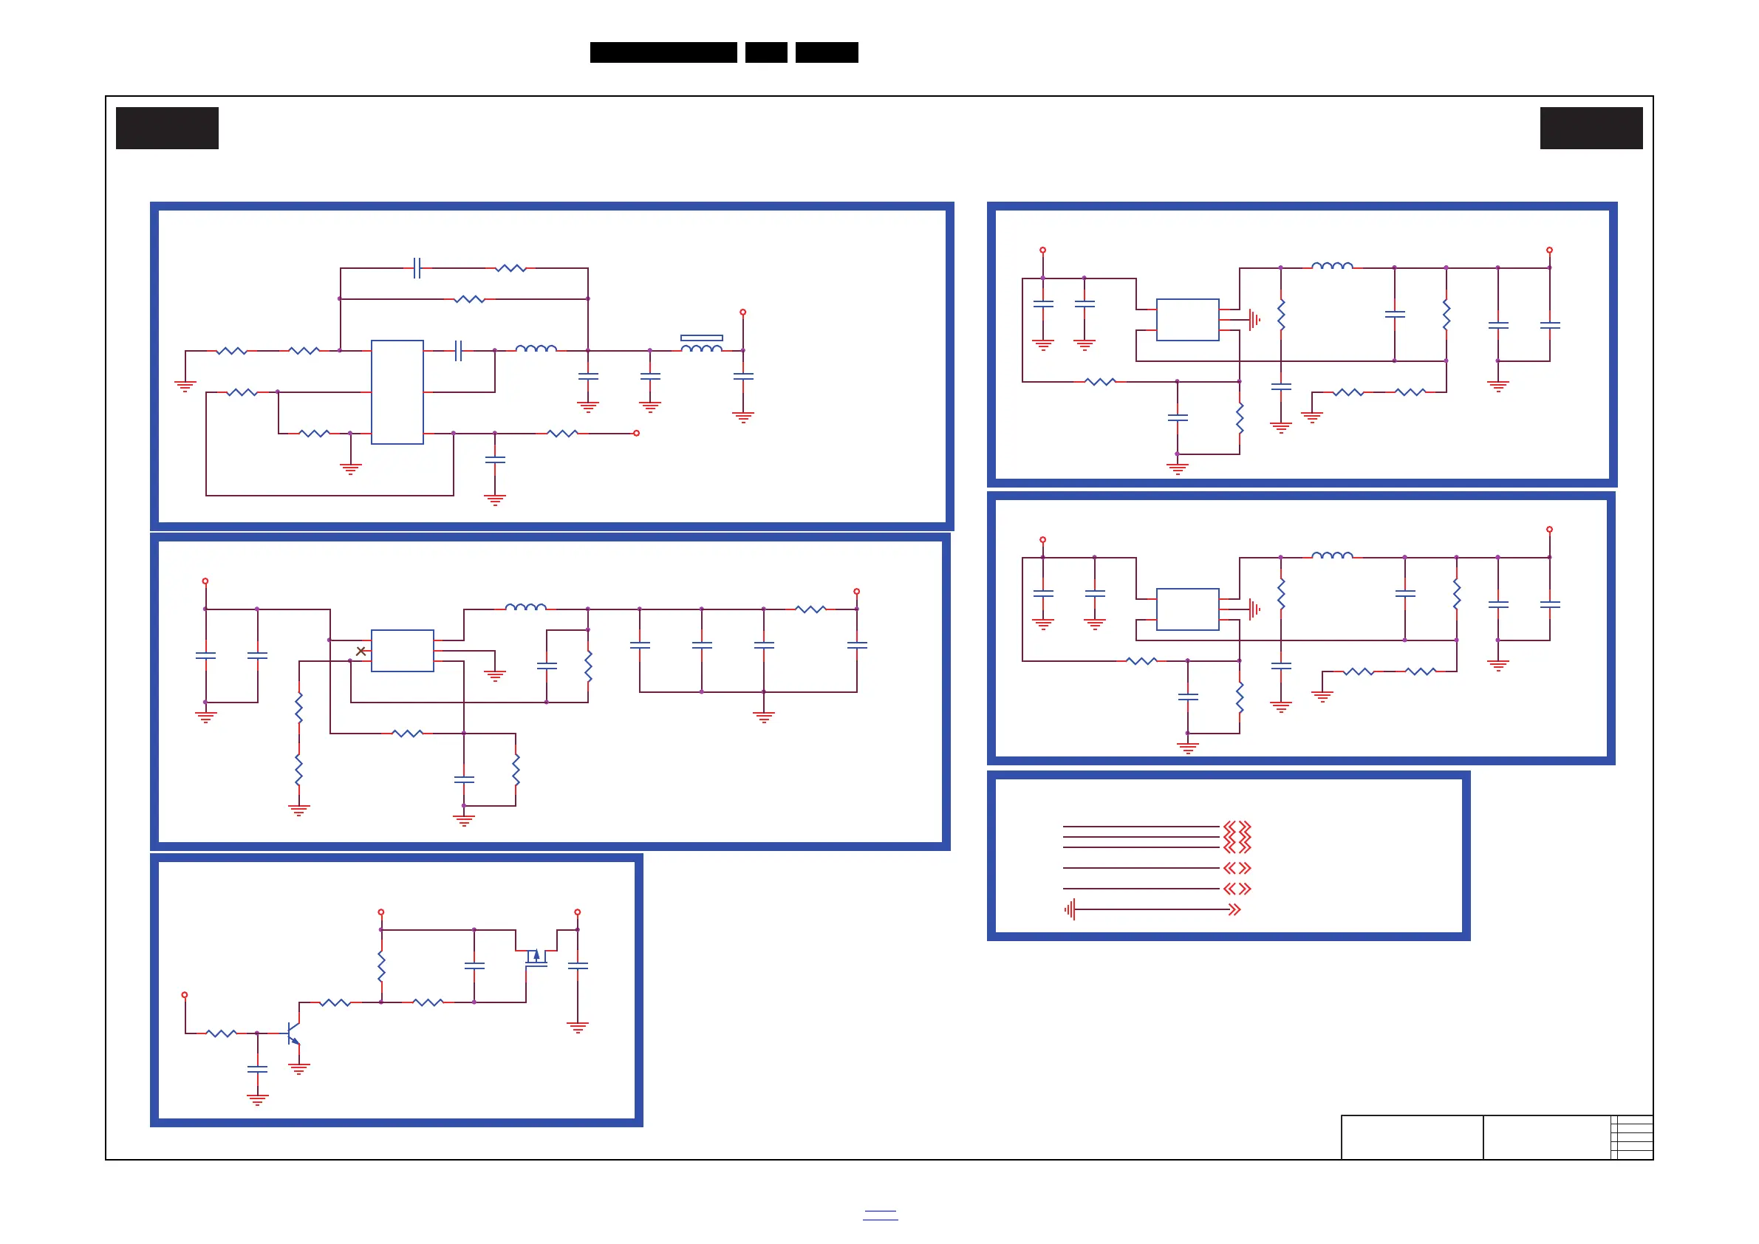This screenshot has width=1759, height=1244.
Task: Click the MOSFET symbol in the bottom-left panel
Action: (x=536, y=957)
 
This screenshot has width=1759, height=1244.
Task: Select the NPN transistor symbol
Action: (x=293, y=1033)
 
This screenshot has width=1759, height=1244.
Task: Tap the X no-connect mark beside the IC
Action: (x=361, y=651)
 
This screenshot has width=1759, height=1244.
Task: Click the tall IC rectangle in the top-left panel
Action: (x=397, y=392)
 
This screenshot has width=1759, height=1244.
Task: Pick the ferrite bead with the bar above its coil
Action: (x=701, y=344)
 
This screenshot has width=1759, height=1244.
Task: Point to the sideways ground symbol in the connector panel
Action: (x=1070, y=909)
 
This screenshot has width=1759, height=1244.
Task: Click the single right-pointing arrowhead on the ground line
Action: (x=1234, y=909)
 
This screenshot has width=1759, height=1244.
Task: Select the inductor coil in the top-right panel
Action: (x=1332, y=266)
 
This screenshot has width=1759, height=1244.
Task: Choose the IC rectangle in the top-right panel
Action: (x=1187, y=319)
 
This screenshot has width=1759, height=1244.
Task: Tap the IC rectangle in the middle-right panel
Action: (x=1187, y=609)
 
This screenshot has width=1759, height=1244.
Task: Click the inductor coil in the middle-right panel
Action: (x=1332, y=556)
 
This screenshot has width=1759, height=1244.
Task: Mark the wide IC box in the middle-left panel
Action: (x=402, y=650)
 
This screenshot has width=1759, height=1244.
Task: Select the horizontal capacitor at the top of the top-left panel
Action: (x=417, y=268)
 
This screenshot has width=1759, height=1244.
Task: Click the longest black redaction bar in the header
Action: (x=663, y=52)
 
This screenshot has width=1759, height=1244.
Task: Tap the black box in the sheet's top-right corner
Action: (x=1591, y=128)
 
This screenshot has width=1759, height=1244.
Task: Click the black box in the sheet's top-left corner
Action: (x=167, y=128)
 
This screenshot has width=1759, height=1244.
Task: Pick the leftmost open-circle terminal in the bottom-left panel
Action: (x=185, y=995)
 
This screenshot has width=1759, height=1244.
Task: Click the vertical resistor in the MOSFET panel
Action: (x=380, y=967)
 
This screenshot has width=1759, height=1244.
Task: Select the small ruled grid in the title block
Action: (x=1631, y=1138)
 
